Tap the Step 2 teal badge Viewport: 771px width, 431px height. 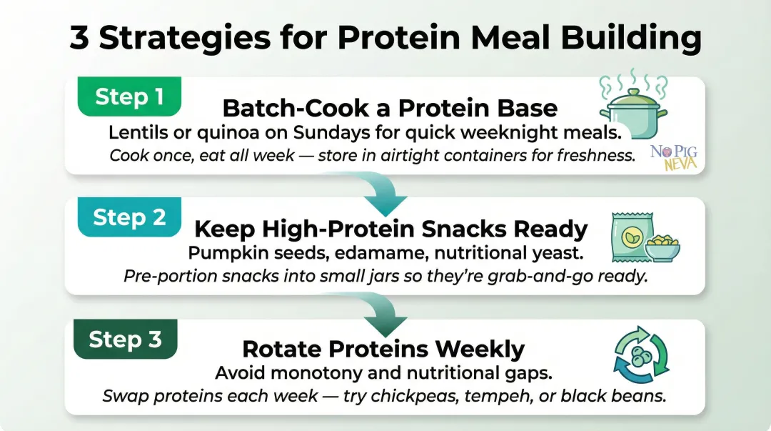[129, 217]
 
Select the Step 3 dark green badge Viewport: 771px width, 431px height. [125, 339]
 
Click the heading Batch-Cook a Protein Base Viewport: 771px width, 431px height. [390, 108]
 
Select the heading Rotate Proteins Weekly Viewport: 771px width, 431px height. [383, 349]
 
